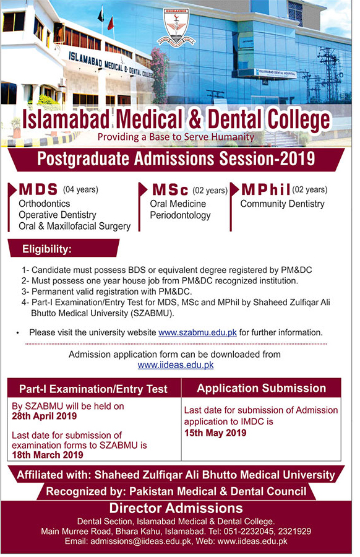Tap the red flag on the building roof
(x=111, y=24)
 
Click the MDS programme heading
(x=38, y=189)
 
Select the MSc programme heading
(x=170, y=190)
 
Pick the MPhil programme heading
(x=265, y=190)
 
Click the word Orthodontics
(x=45, y=204)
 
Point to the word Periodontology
(x=180, y=215)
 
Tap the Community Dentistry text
(x=282, y=204)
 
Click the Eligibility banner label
(x=47, y=249)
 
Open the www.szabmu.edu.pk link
(x=197, y=333)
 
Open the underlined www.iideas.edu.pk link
(x=176, y=365)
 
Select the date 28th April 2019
(x=45, y=416)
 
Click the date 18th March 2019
(x=48, y=455)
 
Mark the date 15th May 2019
(x=215, y=433)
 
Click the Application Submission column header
(x=261, y=388)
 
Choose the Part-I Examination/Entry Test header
(x=93, y=389)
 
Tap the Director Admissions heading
(x=176, y=508)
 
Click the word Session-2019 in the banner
(x=267, y=159)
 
